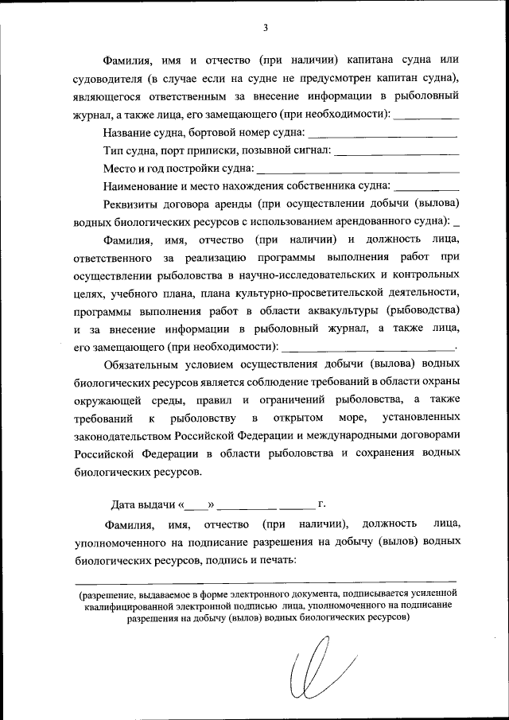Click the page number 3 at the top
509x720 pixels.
click(x=265, y=28)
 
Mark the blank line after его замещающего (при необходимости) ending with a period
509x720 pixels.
click(x=369, y=348)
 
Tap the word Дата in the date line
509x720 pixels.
click(x=126, y=505)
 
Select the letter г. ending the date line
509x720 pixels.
click(x=321, y=504)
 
